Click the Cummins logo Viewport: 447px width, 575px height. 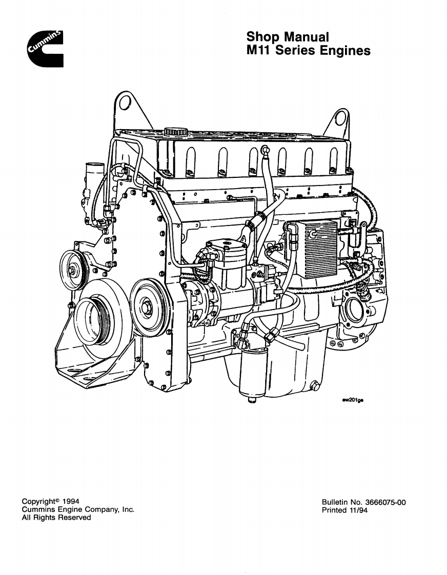pos(46,49)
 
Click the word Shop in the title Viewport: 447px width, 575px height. pos(262,37)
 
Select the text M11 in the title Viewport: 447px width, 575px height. pos(259,51)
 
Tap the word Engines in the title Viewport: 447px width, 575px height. pos(345,51)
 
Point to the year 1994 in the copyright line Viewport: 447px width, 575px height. pos(70,501)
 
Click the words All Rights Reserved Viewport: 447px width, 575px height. pos(56,518)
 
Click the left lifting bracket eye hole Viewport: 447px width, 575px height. pos(124,104)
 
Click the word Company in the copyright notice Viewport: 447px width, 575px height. pos(100,509)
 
